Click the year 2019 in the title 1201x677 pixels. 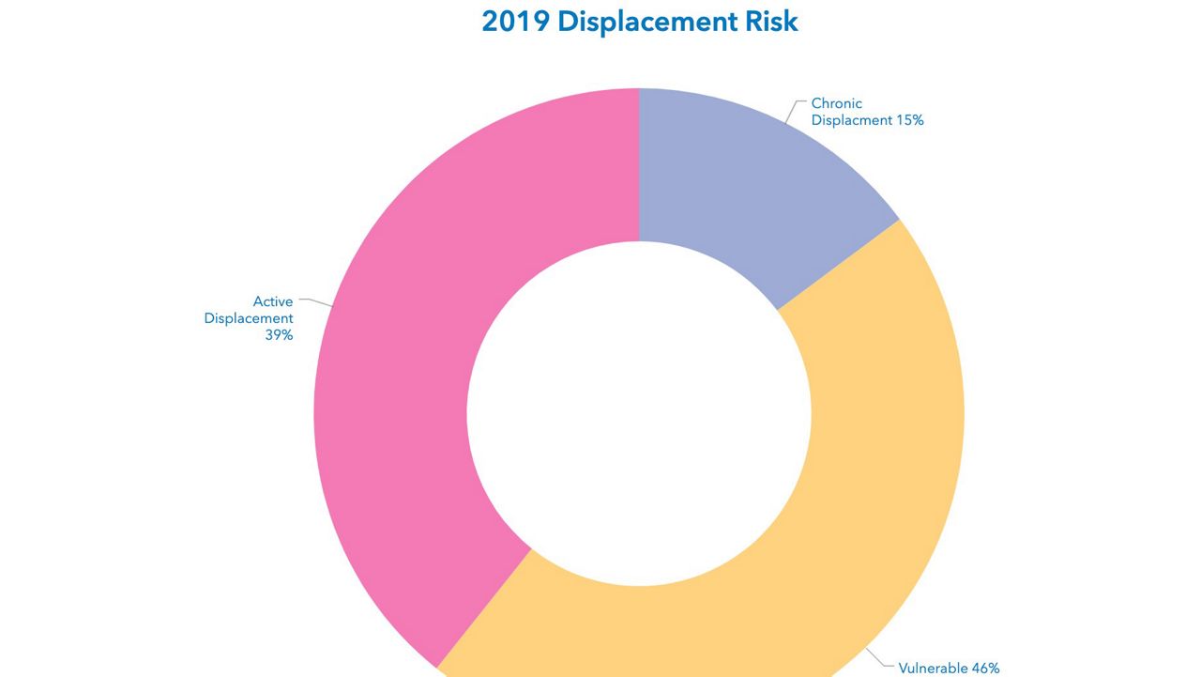coord(515,22)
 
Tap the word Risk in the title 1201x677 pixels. coord(770,22)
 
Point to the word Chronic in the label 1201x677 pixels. coord(836,103)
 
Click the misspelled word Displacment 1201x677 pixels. coord(851,120)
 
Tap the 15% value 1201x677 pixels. coord(909,120)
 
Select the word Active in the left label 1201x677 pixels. coord(273,301)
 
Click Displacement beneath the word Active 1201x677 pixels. coord(249,318)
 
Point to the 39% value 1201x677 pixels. coord(279,335)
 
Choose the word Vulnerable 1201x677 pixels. coord(933,669)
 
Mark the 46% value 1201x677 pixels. coord(985,669)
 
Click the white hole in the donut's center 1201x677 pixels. coord(639,413)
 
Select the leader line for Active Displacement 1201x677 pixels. coord(317,302)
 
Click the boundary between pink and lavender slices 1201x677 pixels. coord(639,164)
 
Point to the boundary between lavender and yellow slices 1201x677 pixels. coord(838,265)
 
